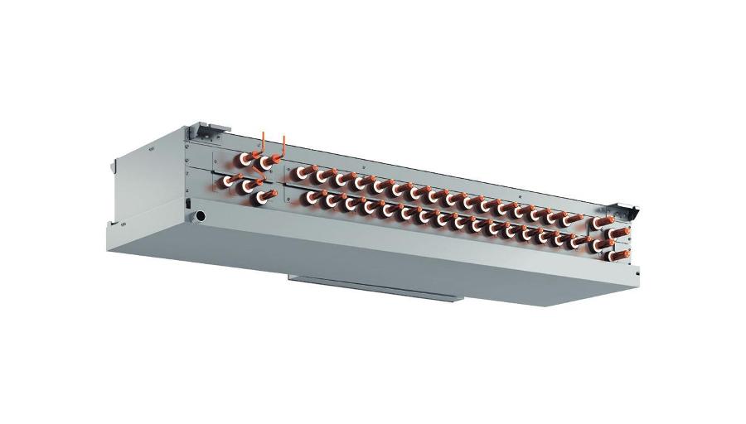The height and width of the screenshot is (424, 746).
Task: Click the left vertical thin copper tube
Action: (263, 141)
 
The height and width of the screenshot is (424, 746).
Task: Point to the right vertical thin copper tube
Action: (283, 144)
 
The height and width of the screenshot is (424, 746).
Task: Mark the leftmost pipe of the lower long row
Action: (312, 195)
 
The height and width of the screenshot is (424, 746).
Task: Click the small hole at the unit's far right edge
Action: (637, 270)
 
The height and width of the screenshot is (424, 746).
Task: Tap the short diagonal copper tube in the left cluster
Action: (238, 176)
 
